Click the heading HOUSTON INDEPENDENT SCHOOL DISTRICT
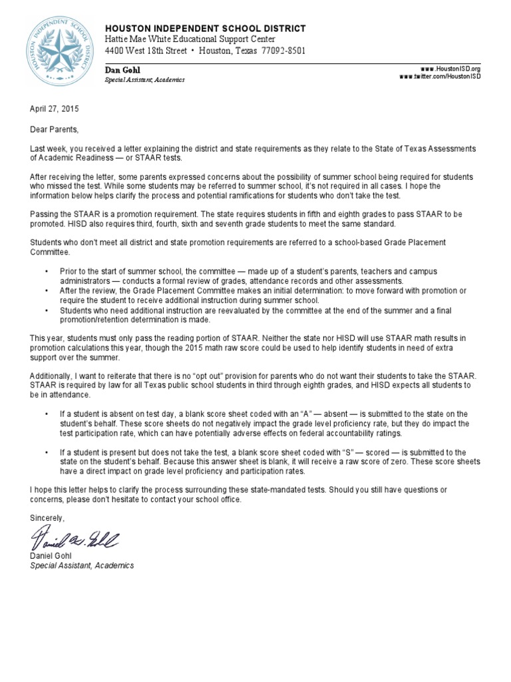[206, 29]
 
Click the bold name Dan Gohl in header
[123, 69]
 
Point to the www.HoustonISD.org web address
[450, 69]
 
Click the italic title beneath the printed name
[82, 565]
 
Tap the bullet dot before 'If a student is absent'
[46, 414]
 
